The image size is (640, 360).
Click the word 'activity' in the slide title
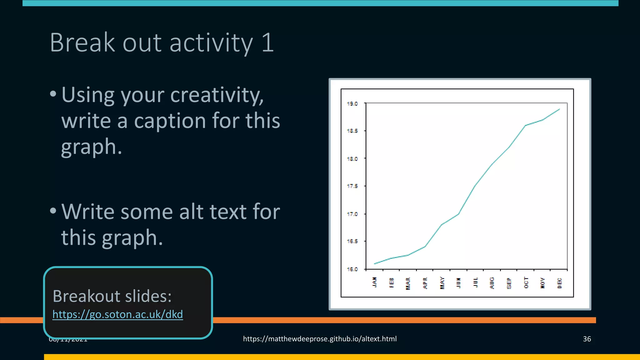pos(211,43)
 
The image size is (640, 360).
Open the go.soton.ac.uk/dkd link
pos(117,314)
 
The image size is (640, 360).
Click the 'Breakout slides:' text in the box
pos(112,296)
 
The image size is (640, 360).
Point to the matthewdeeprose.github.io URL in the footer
pos(320,339)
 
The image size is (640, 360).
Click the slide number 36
pos(587,339)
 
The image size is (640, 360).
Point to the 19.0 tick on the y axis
pos(352,104)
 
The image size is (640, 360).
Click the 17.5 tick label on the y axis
pos(352,186)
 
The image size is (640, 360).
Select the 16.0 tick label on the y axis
pos(352,269)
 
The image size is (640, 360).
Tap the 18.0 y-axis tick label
pos(352,159)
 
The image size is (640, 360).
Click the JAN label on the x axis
pos(375,282)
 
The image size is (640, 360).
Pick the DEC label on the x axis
pos(559,283)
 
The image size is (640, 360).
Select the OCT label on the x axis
pos(526,283)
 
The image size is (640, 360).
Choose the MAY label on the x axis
pos(442,283)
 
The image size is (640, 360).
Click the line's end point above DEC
pos(559,109)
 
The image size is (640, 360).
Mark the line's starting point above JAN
pos(375,264)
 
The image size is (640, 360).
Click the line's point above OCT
pos(526,125)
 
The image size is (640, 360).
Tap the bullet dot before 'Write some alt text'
pos(53,211)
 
